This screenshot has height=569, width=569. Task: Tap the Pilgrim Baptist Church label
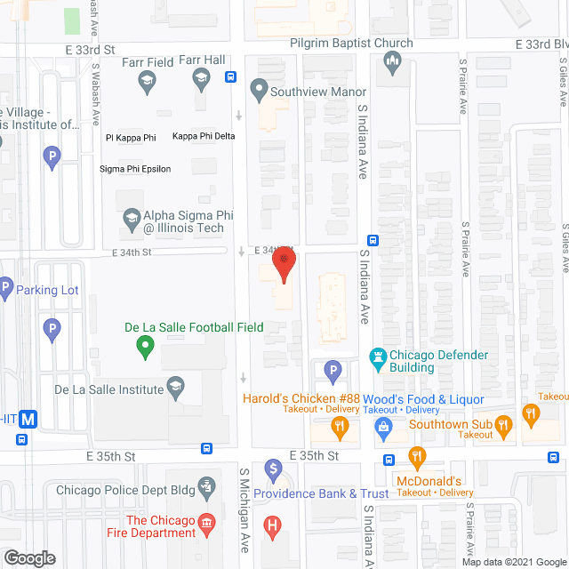coord(351,43)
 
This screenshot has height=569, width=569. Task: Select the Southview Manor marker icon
coord(259,88)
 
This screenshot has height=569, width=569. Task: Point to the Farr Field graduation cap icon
coord(146,83)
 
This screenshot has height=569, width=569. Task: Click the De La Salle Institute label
coord(109,389)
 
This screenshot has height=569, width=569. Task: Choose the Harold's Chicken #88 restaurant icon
coord(340,429)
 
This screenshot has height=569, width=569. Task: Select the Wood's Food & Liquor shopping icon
coord(384,429)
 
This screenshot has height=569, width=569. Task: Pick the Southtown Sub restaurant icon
coord(505,429)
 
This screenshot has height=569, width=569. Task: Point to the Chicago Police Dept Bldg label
coord(124,489)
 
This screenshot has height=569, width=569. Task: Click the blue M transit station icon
coord(29,420)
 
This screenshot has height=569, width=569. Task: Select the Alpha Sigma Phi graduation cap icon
coord(132,218)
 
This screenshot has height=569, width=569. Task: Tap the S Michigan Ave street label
coord(243,525)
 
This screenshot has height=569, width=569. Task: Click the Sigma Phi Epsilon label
coord(135,169)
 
